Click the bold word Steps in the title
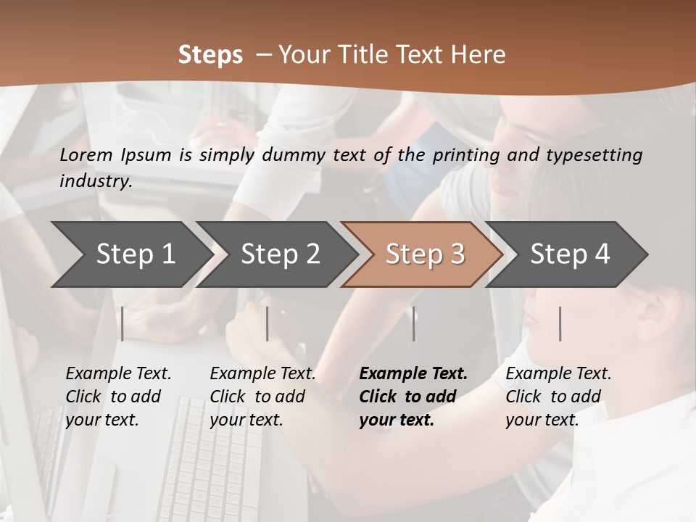click(210, 55)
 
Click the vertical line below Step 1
click(123, 323)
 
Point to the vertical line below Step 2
click(268, 323)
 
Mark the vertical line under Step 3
click(414, 323)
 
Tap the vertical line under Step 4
click(560, 323)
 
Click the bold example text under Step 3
click(413, 397)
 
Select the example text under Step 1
click(118, 397)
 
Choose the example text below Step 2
click(262, 397)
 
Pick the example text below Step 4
click(558, 397)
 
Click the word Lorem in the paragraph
click(86, 154)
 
